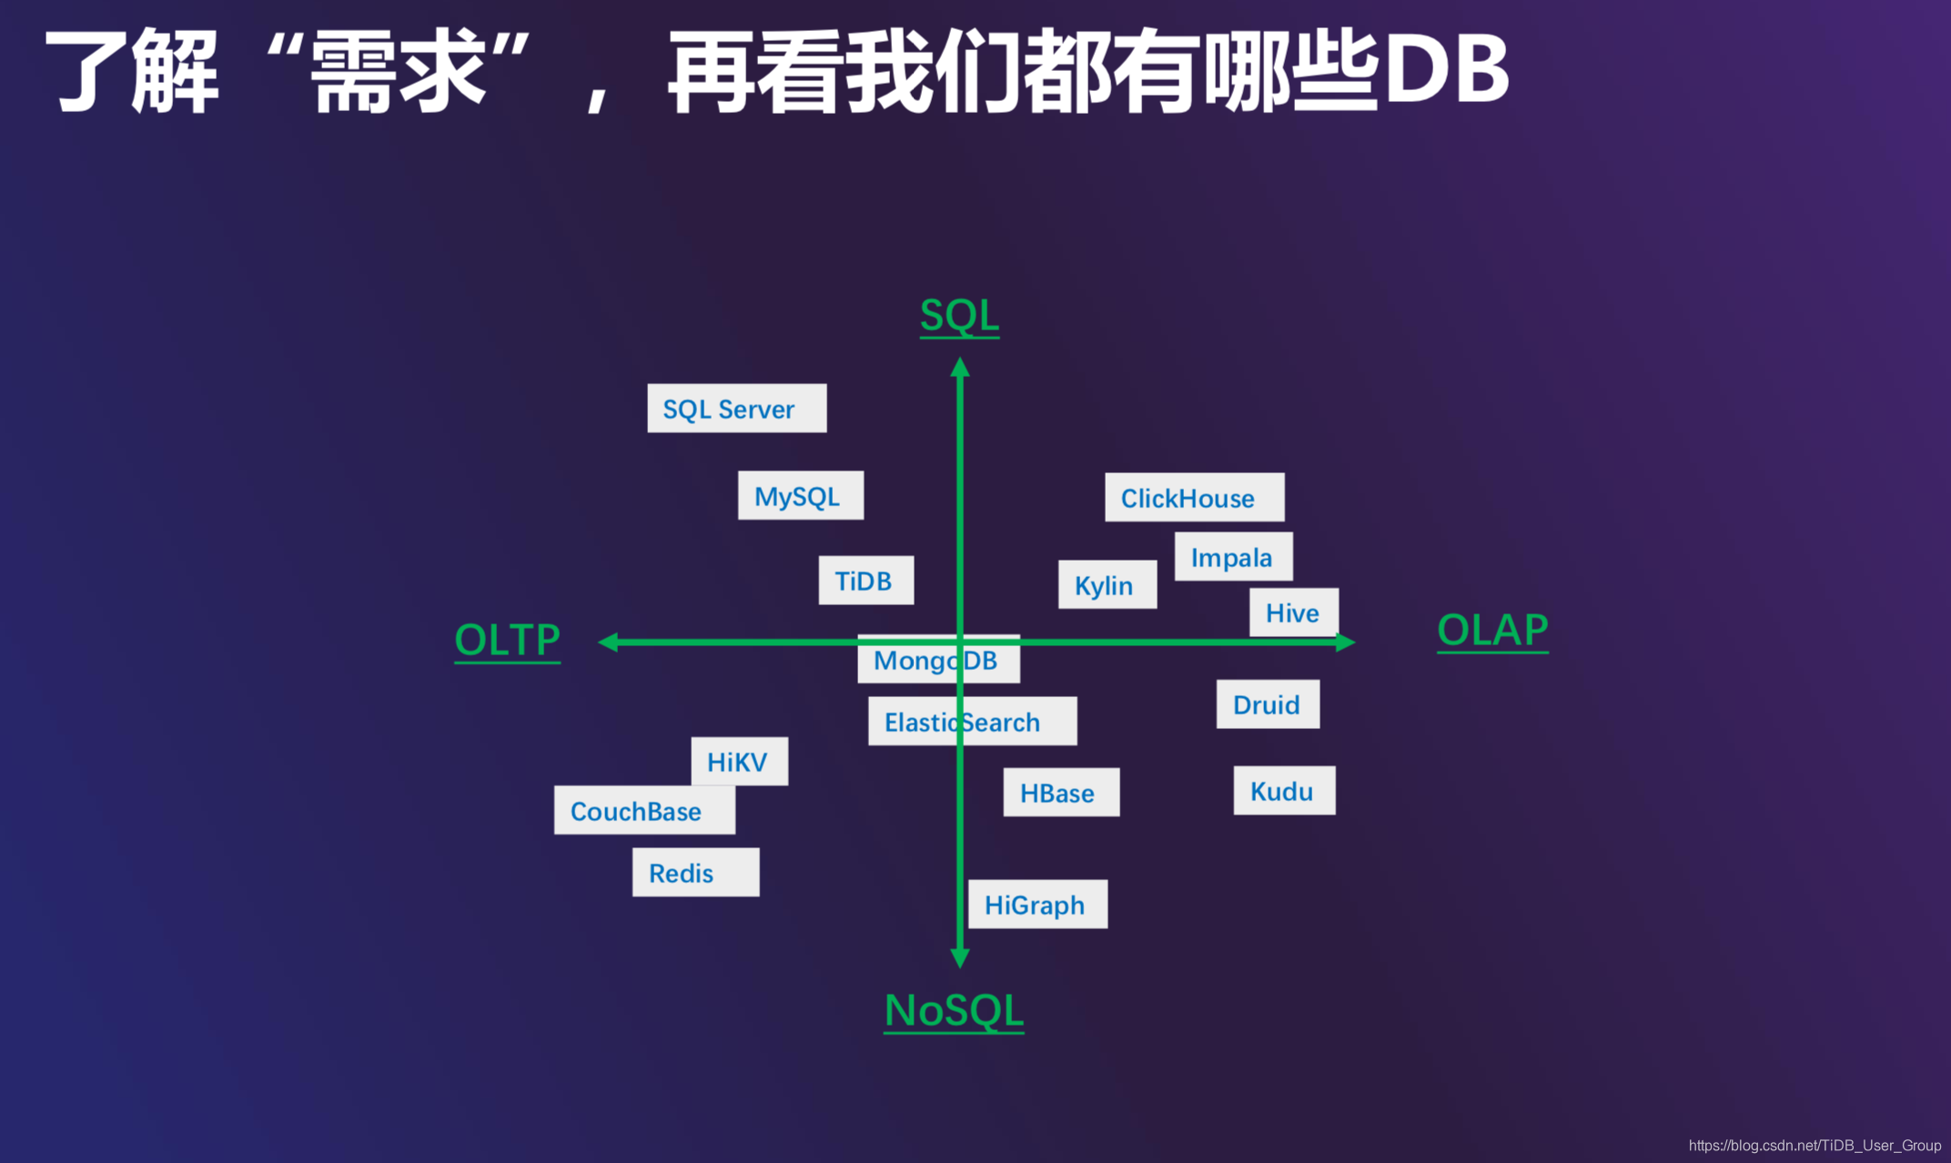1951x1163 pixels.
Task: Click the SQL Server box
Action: pos(736,409)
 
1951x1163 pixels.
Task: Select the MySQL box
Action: pos(800,496)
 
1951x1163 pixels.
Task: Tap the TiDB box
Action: pos(865,581)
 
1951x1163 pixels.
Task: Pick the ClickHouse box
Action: pos(1194,498)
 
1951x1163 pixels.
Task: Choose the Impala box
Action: pos(1233,557)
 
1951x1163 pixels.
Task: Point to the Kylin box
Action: pos(1107,585)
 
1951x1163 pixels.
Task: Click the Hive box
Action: pos(1293,612)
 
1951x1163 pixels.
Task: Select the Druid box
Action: pos(1268,704)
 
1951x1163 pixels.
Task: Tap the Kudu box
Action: pos(1284,791)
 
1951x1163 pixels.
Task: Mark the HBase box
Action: pos(1061,793)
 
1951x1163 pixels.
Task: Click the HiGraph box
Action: pos(1037,905)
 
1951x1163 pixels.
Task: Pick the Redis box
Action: pos(695,873)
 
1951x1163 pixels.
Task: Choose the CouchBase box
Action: pos(644,811)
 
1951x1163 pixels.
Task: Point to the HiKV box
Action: pos(739,762)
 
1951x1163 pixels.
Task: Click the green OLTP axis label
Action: pos(507,640)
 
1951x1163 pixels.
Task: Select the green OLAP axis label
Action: pos(1492,630)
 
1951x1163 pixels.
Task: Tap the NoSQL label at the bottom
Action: pos(954,1010)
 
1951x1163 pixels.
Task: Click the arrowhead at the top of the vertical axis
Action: pos(960,368)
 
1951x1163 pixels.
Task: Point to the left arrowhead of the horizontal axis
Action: pos(609,642)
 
